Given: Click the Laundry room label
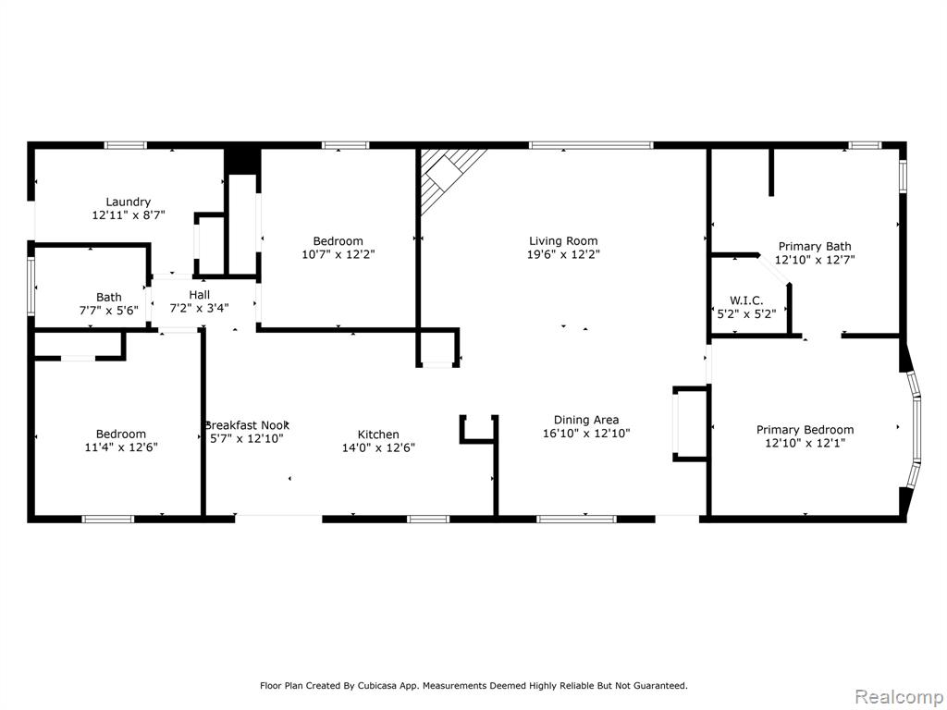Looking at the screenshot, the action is (x=128, y=202).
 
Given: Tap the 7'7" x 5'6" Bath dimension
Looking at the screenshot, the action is (x=109, y=311).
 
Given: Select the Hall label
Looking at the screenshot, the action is (x=200, y=295).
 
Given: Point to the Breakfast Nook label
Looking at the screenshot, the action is (x=247, y=425).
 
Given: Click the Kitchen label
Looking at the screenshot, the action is (x=378, y=435).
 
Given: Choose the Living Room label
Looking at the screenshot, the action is (x=563, y=241).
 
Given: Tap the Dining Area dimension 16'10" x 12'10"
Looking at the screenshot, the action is (x=586, y=433).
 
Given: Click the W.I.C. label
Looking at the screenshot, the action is (x=746, y=300).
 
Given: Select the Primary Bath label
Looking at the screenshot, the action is (x=815, y=246).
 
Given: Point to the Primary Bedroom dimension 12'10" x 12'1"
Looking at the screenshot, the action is (x=806, y=443).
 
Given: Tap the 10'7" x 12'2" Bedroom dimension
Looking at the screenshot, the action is (x=338, y=254).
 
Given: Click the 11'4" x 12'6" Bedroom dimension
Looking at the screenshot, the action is (x=121, y=447).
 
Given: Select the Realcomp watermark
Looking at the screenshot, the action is (x=899, y=696).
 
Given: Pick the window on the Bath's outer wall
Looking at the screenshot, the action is (x=31, y=286).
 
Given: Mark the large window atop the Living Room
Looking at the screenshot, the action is (x=591, y=145).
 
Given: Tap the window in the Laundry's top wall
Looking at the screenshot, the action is (x=126, y=145).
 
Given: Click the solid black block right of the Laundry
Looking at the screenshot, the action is (x=242, y=159).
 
